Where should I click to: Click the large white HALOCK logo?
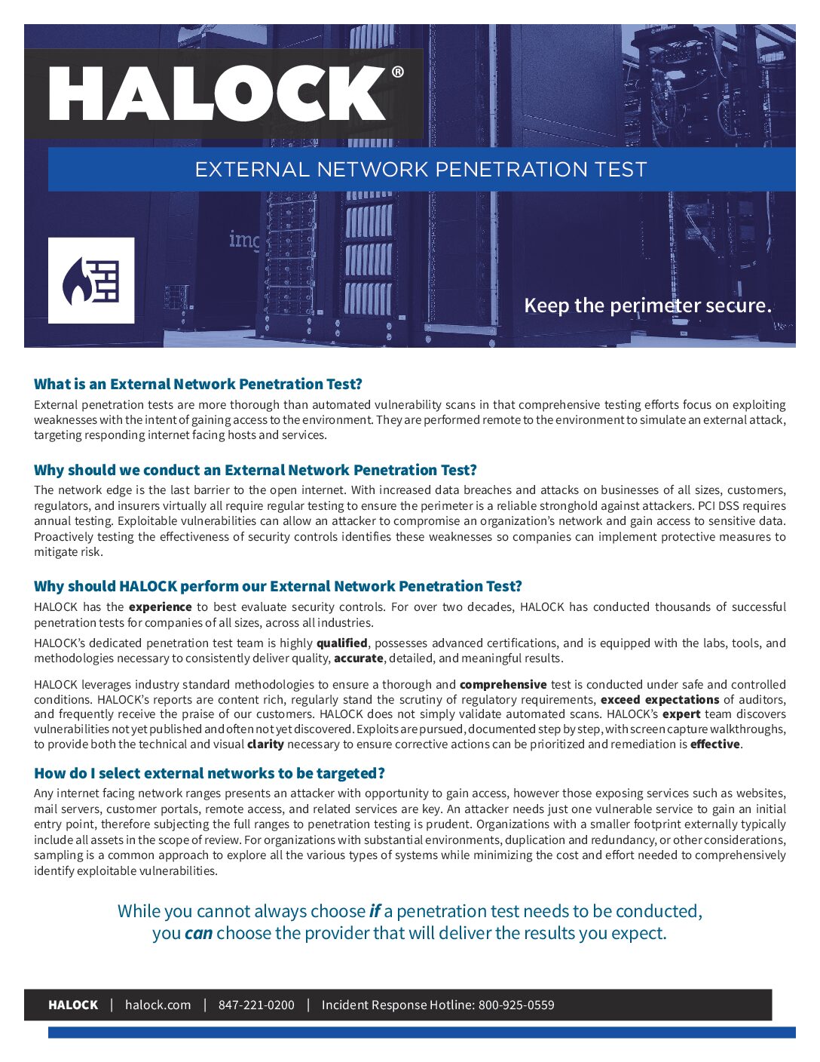click(217, 94)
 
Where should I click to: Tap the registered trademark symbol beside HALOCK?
click(397, 72)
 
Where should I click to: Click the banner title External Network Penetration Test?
click(421, 169)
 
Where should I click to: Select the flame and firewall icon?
click(91, 281)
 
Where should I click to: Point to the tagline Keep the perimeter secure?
click(647, 305)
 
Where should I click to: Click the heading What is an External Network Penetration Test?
click(198, 384)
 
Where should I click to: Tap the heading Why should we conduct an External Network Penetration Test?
click(255, 470)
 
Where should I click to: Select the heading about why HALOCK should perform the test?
click(277, 586)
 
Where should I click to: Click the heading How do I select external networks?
click(210, 773)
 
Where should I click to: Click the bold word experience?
click(160, 607)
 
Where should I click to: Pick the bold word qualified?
click(341, 643)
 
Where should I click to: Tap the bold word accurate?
click(359, 658)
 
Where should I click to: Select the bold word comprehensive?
click(503, 685)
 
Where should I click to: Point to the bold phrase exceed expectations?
click(659, 700)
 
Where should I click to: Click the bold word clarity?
click(265, 744)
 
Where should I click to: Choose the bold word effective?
click(715, 744)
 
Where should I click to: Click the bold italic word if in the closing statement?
click(375, 911)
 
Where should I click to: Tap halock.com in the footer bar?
click(158, 1005)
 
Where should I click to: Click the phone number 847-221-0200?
click(256, 1005)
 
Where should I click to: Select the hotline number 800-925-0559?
click(516, 1005)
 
